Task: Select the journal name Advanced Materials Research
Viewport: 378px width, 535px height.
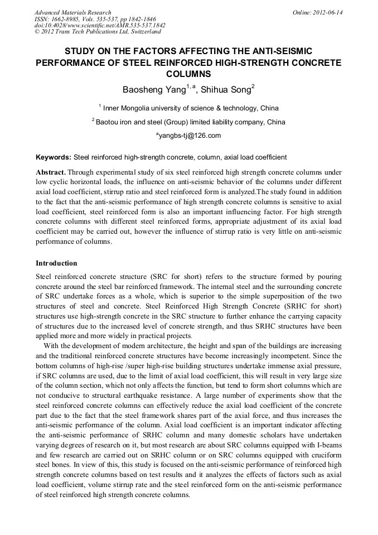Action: [72, 12]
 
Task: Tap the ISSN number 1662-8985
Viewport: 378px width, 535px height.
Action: [67, 19]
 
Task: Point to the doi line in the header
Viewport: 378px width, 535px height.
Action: [100, 26]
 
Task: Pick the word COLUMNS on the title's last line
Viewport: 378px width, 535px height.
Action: [188, 73]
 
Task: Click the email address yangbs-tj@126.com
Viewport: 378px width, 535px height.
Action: [190, 136]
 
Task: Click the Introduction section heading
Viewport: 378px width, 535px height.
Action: [56, 263]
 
